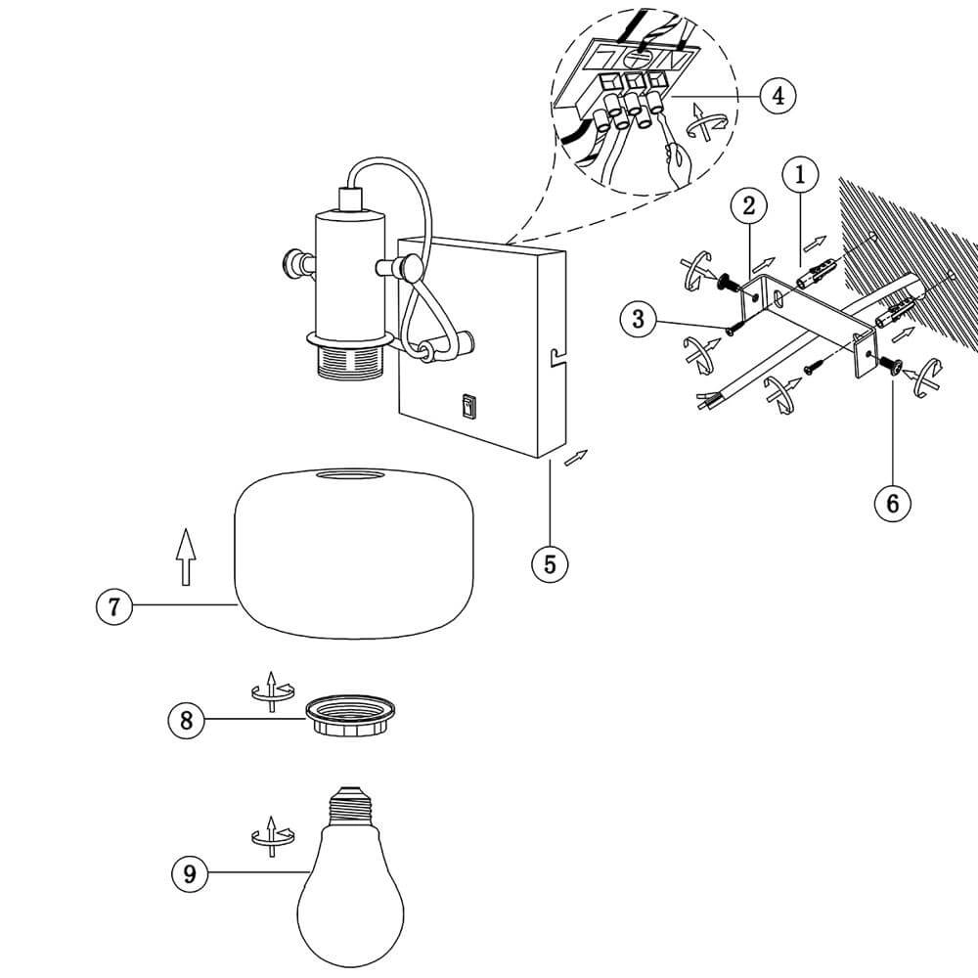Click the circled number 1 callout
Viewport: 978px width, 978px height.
[x=801, y=176]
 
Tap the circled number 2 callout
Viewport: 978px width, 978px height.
[x=749, y=205]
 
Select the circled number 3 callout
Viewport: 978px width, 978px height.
[x=639, y=319]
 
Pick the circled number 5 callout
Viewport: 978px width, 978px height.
[x=550, y=564]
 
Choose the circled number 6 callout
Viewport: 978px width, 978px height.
[x=892, y=503]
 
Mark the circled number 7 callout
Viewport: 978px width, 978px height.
[x=114, y=606]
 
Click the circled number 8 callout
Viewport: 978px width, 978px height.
[x=186, y=721]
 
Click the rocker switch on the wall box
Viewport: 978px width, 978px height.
[x=468, y=406]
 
